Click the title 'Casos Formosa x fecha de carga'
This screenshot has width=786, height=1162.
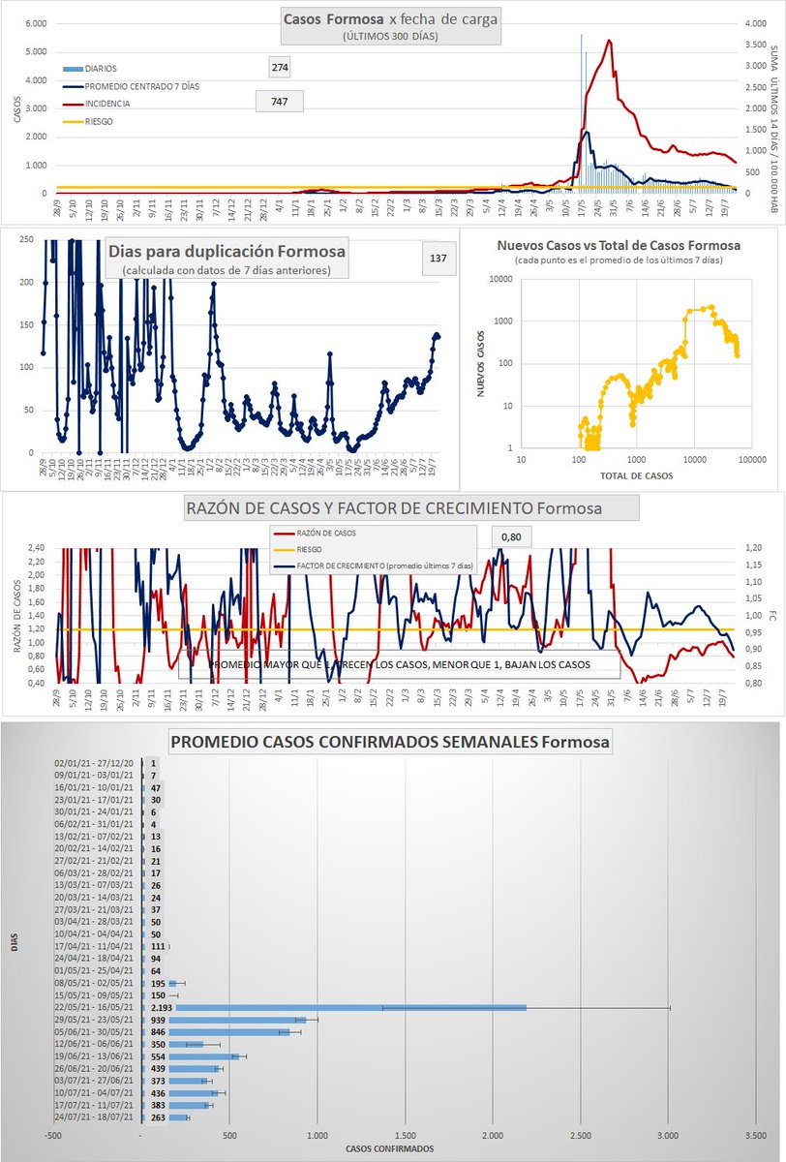(391, 19)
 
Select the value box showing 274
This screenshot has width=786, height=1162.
(281, 67)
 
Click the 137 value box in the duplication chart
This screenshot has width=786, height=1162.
(437, 259)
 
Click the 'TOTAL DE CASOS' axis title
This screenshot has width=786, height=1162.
(637, 476)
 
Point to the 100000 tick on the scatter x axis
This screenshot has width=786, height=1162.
(749, 460)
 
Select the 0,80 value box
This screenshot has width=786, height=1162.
(511, 536)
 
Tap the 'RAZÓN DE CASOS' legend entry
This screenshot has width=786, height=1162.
(330, 532)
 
